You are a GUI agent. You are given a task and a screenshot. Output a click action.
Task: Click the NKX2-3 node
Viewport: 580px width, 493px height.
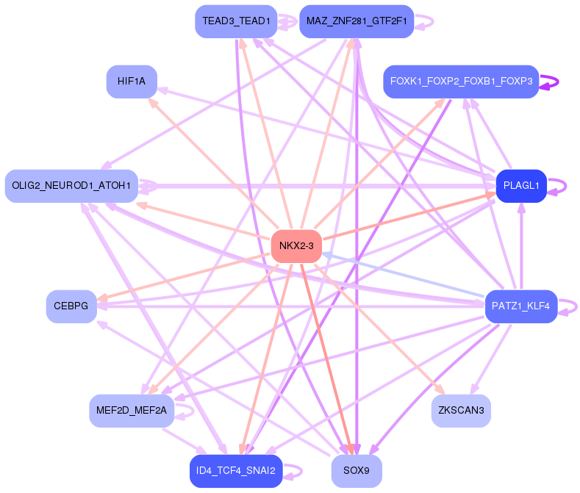click(297, 246)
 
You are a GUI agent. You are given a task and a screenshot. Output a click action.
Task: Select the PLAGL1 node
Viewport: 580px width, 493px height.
click(521, 186)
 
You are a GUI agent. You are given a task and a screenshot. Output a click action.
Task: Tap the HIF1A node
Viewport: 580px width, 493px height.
click(132, 81)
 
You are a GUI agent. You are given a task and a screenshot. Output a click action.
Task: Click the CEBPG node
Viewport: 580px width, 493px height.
click(71, 306)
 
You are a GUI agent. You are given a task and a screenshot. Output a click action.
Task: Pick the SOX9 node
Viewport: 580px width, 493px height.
click(357, 470)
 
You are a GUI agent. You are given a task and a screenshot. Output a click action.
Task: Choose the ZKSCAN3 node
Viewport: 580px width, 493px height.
click(461, 410)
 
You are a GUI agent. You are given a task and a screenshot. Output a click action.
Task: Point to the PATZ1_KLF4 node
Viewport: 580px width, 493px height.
click(521, 306)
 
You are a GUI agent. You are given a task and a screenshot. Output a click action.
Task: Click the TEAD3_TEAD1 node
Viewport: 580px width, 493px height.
click(236, 21)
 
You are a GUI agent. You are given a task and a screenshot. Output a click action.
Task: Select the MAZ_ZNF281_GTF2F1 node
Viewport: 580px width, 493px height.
click(357, 21)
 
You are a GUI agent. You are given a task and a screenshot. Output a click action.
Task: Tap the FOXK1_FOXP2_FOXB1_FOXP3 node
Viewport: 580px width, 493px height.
click(461, 81)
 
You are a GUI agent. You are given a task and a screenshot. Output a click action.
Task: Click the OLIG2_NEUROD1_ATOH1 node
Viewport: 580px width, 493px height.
click(71, 186)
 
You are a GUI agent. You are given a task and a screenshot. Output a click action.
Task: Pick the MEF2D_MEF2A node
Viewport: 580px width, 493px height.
click(132, 410)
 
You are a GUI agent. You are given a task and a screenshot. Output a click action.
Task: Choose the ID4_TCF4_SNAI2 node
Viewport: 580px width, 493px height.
click(236, 470)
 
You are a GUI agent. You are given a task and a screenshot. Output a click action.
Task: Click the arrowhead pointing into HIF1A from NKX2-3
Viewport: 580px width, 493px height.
click(152, 102)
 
